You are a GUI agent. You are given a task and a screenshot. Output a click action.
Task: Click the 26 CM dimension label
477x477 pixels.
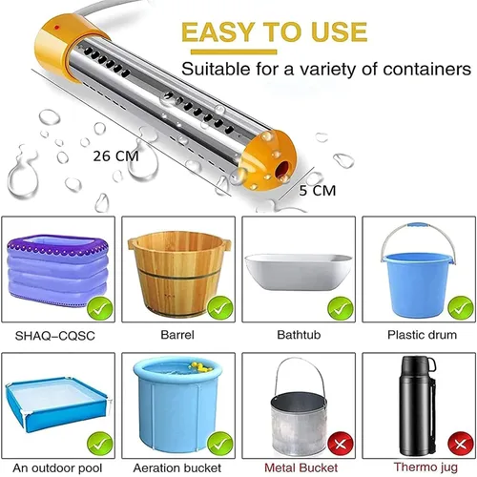tap(115, 156)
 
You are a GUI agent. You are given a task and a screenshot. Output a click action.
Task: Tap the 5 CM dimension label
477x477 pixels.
tap(317, 191)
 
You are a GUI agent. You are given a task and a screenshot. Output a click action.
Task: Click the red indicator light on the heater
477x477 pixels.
tap(56, 27)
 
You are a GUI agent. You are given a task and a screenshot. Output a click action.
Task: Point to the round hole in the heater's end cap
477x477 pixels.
tap(282, 168)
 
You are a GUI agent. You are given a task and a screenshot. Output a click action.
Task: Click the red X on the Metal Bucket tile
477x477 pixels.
tap(341, 445)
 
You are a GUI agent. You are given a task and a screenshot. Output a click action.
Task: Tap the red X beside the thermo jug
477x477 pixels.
tap(461, 445)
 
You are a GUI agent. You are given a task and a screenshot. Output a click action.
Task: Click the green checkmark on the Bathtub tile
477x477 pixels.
tap(341, 308)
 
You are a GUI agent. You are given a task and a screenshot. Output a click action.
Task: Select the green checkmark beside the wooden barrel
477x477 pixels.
tap(220, 308)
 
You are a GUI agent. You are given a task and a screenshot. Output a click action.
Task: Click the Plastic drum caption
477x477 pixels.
tap(422, 335)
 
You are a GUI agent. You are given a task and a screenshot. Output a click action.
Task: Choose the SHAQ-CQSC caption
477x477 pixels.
tap(55, 336)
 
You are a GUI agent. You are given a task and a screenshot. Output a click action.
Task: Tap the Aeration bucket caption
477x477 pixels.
tap(177, 467)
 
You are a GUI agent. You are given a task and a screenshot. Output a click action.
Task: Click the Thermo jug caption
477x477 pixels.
tap(425, 467)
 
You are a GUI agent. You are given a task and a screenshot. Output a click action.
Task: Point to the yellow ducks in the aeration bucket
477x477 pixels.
tap(199, 367)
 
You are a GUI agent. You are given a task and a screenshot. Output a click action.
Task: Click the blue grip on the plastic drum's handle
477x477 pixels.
tap(418, 225)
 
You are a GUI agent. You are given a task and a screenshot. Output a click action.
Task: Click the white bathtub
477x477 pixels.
tap(299, 272)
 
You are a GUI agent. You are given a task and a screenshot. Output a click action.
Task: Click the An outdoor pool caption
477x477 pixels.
tap(57, 468)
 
